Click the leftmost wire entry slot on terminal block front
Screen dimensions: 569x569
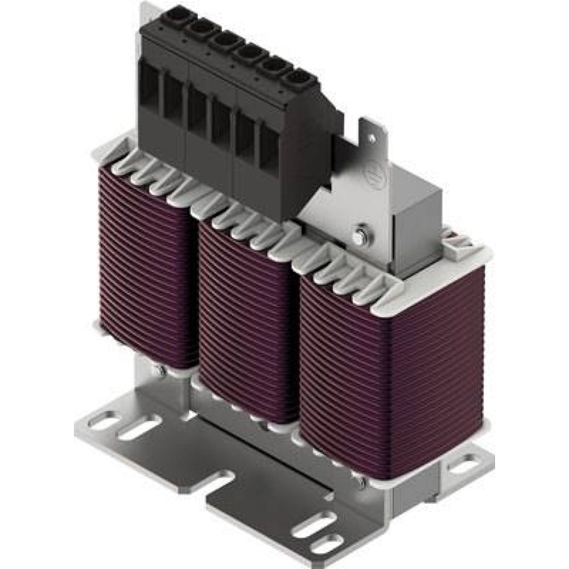tap(150, 88)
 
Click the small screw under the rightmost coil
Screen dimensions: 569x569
tap(361, 482)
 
